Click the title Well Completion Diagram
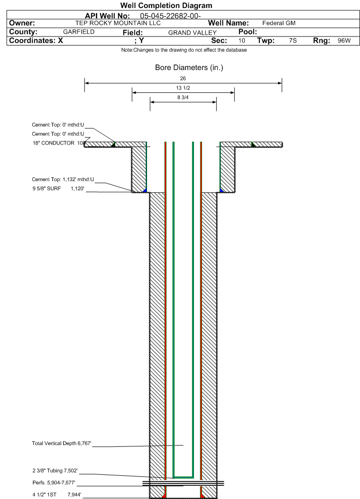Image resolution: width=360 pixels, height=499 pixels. point(166,6)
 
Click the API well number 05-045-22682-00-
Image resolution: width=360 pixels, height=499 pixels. point(171,16)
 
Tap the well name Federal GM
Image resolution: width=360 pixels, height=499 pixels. point(279,23)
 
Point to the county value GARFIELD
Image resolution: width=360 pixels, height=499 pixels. point(79,32)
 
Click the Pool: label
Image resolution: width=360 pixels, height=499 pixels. point(247,31)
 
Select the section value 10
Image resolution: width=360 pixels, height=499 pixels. point(242,41)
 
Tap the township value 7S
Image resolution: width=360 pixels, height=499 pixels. point(293,41)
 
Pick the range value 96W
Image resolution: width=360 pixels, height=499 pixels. point(344,41)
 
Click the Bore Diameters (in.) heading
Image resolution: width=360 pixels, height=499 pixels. point(189,68)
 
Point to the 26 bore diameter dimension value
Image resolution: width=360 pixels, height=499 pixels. point(183,78)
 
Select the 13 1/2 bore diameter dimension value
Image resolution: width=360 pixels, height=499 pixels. point(183,88)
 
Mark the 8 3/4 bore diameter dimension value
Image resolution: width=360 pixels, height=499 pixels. point(183,98)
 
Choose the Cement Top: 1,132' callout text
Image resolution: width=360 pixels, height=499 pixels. point(63,179)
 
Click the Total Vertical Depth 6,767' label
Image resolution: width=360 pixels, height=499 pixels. point(61,444)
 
